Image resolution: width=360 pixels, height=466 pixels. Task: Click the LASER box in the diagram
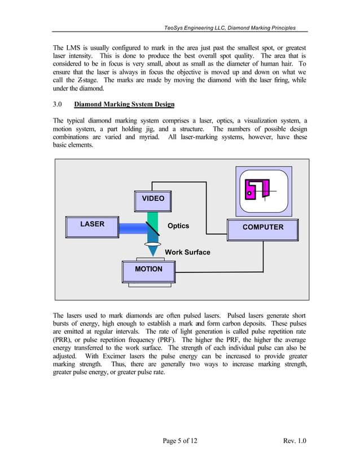[x=93, y=225]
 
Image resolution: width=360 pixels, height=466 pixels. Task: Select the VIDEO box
[x=153, y=199]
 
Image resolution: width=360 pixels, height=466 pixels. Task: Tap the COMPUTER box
[x=262, y=227]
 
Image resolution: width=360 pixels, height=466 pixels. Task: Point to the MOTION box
[x=148, y=270]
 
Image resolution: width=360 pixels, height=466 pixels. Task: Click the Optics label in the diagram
[x=178, y=226]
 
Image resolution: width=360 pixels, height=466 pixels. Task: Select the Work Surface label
[x=187, y=252]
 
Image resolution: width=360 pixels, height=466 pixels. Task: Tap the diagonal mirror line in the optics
[x=152, y=228]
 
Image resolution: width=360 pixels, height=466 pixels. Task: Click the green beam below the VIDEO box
[x=152, y=216]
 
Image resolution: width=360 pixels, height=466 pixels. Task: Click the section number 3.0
[x=58, y=104]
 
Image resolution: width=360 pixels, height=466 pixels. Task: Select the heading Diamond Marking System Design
[x=124, y=104]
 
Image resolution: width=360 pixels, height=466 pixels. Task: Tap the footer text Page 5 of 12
[x=179, y=441]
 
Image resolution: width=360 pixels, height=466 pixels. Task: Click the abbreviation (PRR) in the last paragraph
[x=63, y=341]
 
